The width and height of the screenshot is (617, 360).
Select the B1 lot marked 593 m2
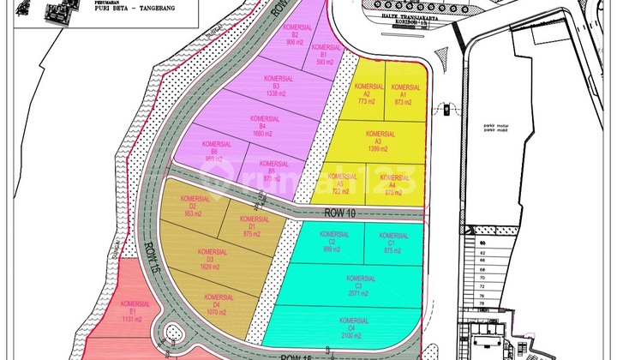322,55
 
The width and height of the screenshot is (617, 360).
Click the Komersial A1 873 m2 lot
404,94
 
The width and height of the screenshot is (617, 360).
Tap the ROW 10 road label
340,212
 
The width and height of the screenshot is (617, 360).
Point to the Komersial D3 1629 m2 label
204,260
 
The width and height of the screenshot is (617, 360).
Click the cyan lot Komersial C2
332,242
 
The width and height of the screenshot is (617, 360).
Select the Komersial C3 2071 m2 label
360,286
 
